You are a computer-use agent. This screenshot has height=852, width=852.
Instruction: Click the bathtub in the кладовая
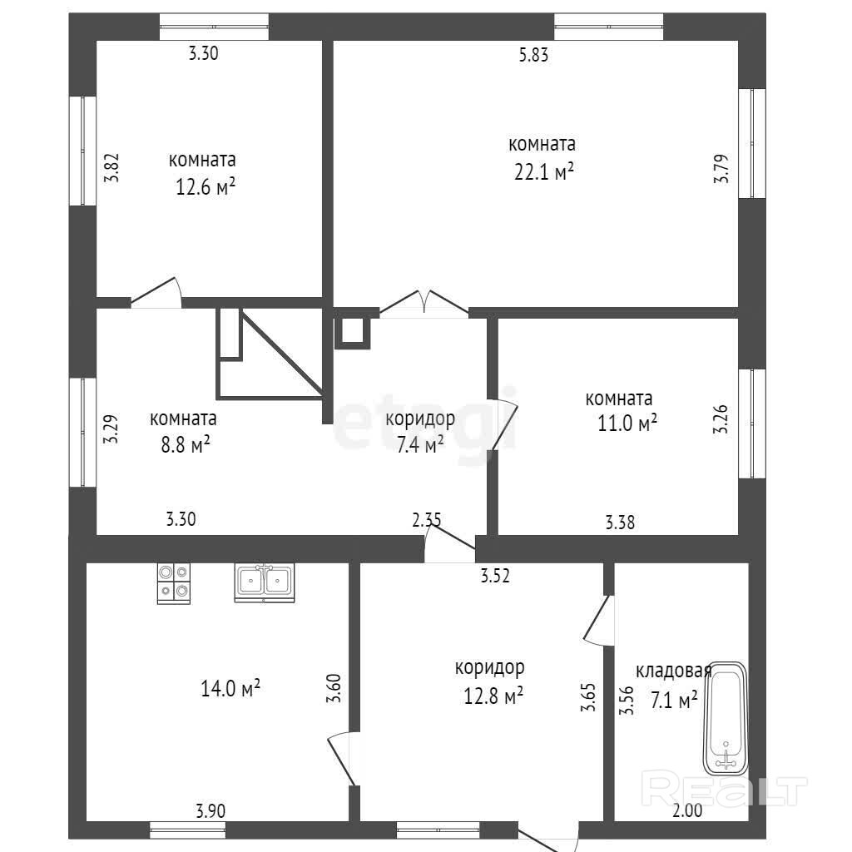726,718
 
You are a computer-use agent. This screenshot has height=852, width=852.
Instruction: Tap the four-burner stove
174,583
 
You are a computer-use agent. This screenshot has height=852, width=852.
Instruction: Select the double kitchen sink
264,582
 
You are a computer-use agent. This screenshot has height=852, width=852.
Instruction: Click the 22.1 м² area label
544,172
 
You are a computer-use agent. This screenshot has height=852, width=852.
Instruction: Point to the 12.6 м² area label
205,187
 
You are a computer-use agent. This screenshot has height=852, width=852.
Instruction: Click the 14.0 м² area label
230,688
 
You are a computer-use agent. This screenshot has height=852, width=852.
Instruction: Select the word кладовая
674,671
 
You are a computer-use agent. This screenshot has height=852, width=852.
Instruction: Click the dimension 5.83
533,55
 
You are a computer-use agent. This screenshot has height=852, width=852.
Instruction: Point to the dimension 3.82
111,167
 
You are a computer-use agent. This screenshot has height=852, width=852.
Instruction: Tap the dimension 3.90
211,810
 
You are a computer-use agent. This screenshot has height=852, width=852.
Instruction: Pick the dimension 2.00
687,810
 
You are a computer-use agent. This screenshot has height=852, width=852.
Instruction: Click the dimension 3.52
495,576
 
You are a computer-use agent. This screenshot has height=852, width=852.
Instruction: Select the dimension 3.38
620,523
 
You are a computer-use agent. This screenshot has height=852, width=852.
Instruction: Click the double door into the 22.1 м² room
424,304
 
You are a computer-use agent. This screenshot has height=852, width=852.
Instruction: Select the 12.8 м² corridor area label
493,696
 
